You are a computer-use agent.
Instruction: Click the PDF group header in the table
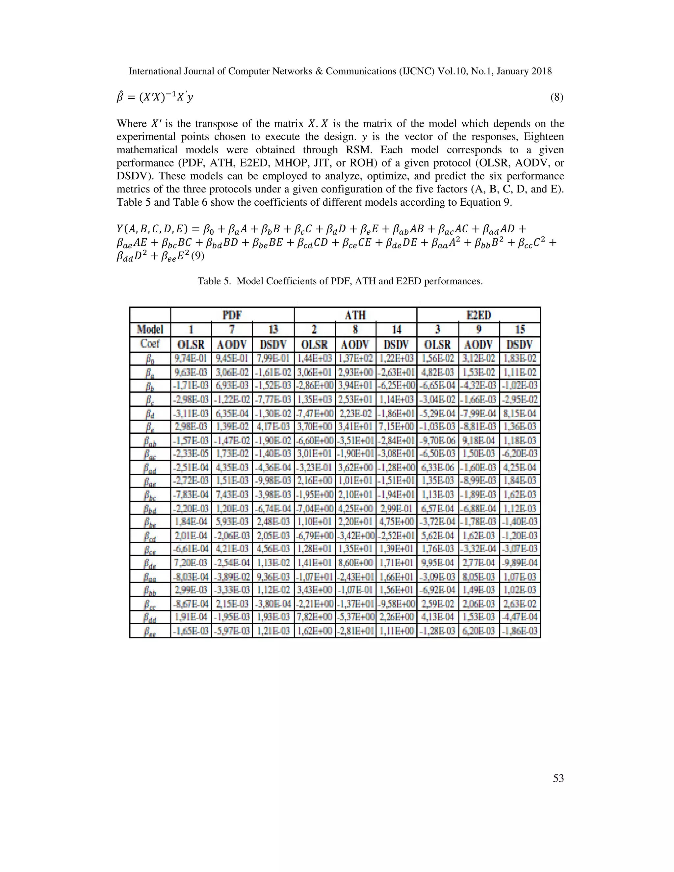coord(232,315)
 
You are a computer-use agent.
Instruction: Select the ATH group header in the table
coord(355,315)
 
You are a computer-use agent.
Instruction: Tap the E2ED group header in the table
coord(478,315)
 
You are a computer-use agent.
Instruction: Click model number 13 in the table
coord(273,329)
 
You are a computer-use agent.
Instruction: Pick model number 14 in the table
coord(397,329)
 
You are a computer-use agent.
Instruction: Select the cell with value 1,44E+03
coord(315,358)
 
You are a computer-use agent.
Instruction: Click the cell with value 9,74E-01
coord(191,358)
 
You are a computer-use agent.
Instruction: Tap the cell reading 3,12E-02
coord(479,358)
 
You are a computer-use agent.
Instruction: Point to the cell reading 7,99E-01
coord(273,358)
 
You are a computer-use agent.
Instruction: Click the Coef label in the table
coord(150,344)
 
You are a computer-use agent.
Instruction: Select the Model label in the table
coord(150,329)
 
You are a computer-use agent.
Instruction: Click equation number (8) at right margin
coord(557,97)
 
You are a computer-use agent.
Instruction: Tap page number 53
coord(558,778)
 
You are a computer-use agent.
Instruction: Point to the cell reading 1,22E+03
coord(397,358)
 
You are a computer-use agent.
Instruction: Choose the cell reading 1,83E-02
coord(520,358)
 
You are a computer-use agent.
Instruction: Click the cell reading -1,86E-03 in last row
coord(520,631)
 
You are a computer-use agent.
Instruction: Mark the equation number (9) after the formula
coord(198,256)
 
